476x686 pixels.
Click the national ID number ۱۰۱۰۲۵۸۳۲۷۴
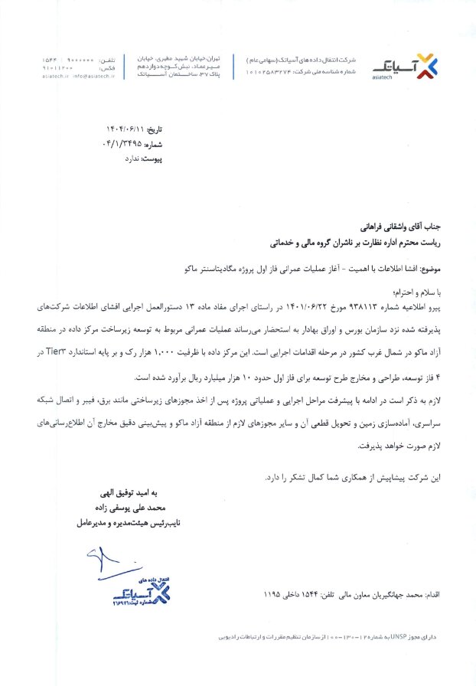(x=269, y=70)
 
